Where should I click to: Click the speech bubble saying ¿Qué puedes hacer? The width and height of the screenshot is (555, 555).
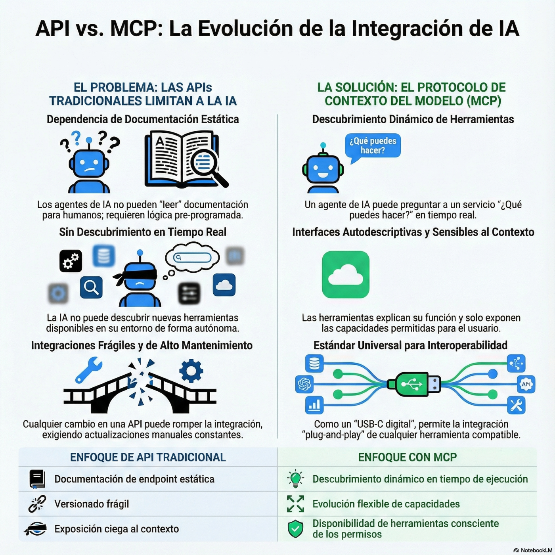(x=373, y=146)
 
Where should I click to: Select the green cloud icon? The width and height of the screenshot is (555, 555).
(x=346, y=274)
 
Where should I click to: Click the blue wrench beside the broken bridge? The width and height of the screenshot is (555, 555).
(x=88, y=369)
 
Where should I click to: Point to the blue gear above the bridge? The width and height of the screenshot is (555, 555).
(x=191, y=371)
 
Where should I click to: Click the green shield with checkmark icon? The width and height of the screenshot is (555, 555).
(x=295, y=529)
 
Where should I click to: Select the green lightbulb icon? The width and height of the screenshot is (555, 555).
(x=295, y=479)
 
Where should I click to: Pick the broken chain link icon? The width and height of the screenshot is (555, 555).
(x=37, y=504)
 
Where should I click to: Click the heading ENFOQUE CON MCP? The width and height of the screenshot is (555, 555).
(x=407, y=457)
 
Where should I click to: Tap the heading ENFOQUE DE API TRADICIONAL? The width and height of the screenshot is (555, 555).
(x=148, y=457)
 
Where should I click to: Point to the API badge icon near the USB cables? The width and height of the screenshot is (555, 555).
(x=526, y=384)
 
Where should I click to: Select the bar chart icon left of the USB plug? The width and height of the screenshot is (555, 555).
(x=314, y=405)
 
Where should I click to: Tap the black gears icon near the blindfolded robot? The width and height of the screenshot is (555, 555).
(x=71, y=261)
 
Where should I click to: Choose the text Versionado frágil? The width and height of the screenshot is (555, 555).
(x=92, y=504)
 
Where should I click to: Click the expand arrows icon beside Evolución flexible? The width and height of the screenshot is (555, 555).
(x=295, y=504)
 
